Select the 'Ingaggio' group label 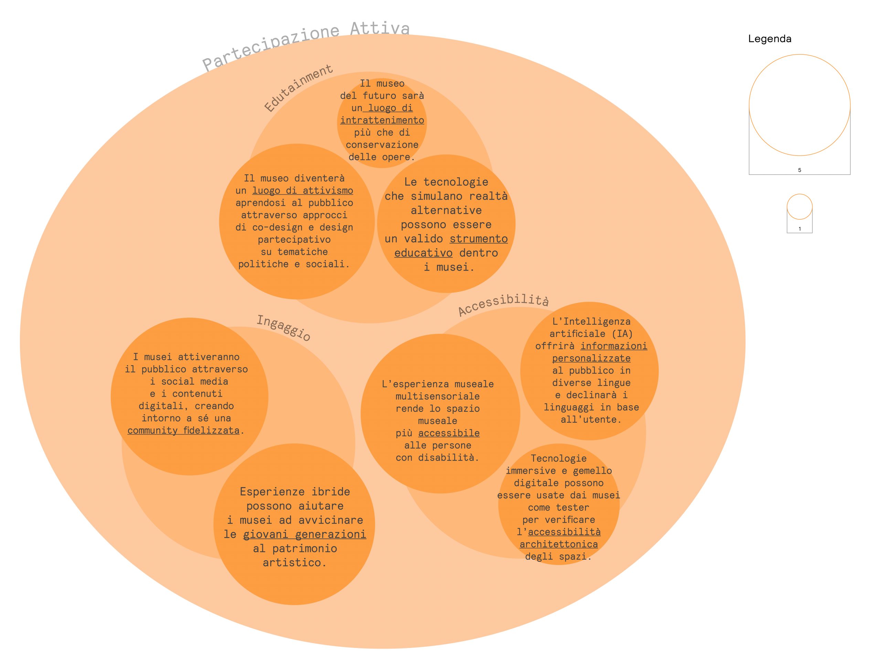coord(283,328)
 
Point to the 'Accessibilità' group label coord(503,305)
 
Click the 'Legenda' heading coord(769,39)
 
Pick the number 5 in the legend coord(799,170)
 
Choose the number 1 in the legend coord(799,229)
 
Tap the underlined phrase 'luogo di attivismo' coord(303,191)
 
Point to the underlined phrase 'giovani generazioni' coord(304,534)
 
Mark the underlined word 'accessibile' coord(449,433)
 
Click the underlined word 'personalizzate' coord(591,358)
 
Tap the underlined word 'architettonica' coord(559,544)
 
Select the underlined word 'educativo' coord(423,253)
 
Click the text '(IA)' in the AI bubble coord(622,334)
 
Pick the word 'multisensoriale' coord(437,397)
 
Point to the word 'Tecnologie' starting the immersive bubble coord(559,459)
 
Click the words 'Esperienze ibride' coord(295,492)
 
